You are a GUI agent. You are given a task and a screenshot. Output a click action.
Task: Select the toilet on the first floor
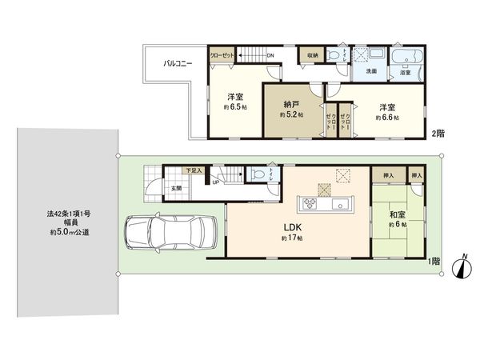click(258, 174)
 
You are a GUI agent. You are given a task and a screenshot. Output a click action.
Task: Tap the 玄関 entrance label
click(175, 188)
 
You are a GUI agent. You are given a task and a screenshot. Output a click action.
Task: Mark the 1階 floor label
click(433, 261)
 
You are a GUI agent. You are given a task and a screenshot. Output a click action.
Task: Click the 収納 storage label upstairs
click(312, 54)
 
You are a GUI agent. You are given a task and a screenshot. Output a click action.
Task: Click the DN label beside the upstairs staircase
click(270, 54)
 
